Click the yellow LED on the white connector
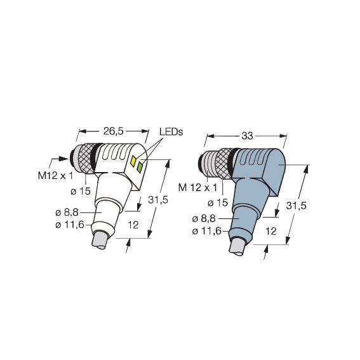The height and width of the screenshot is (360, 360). click(x=133, y=160)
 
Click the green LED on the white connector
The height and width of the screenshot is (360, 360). click(x=140, y=167)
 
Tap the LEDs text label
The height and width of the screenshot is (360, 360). click(x=171, y=132)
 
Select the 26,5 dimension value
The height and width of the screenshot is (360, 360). click(x=114, y=131)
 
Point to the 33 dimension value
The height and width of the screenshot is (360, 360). click(x=247, y=136)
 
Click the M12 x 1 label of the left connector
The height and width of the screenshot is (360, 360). click(x=55, y=176)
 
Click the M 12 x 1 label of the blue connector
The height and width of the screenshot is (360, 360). click(x=197, y=188)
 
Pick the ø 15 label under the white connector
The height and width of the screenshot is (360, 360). click(x=81, y=191)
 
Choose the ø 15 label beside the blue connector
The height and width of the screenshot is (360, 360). click(x=218, y=203)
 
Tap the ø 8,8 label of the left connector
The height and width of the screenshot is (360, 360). click(x=67, y=213)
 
